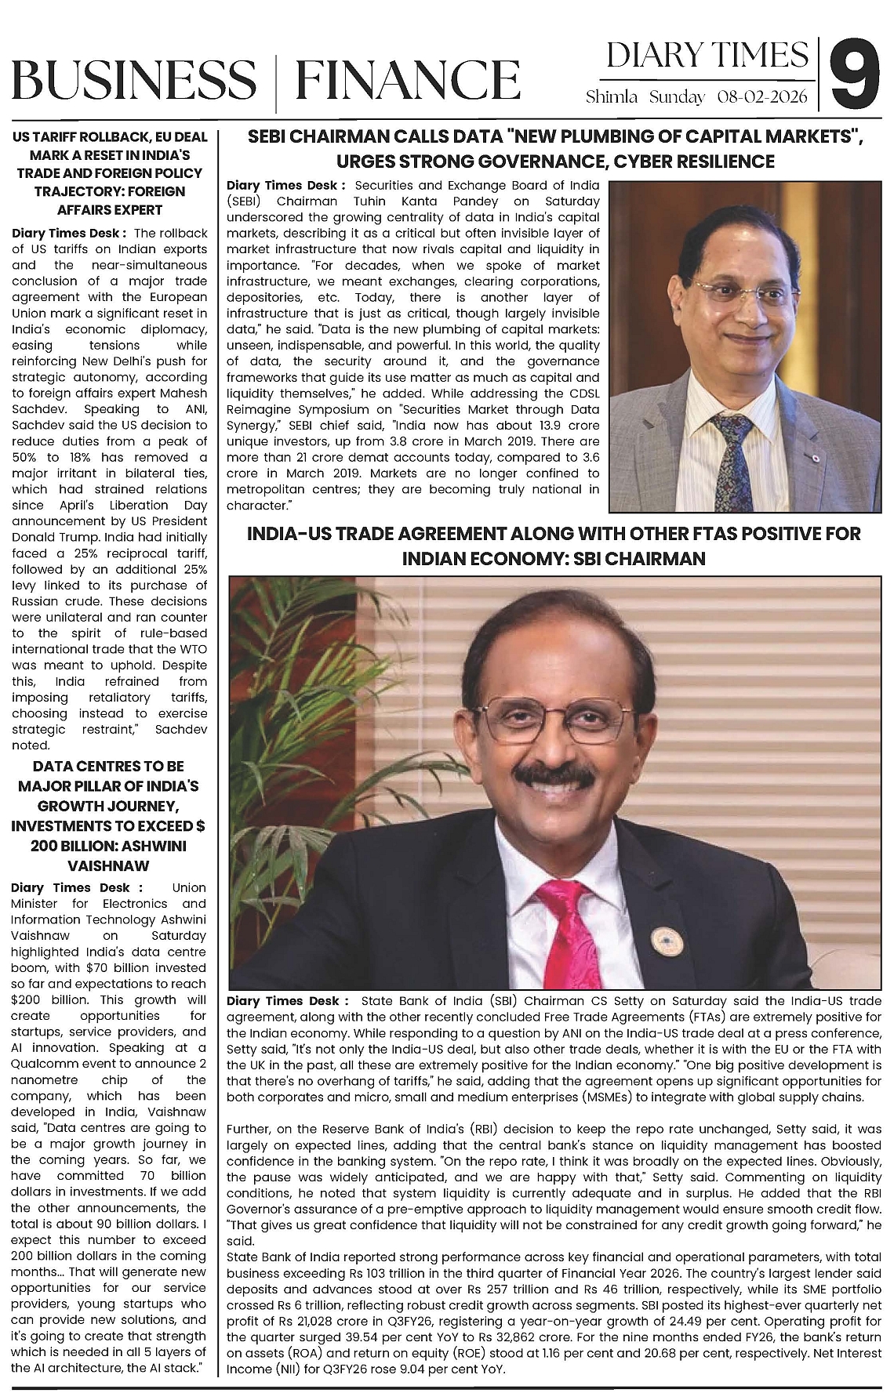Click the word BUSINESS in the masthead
coord(134,80)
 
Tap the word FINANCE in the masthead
coord(408,80)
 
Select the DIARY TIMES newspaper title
coord(707,55)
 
